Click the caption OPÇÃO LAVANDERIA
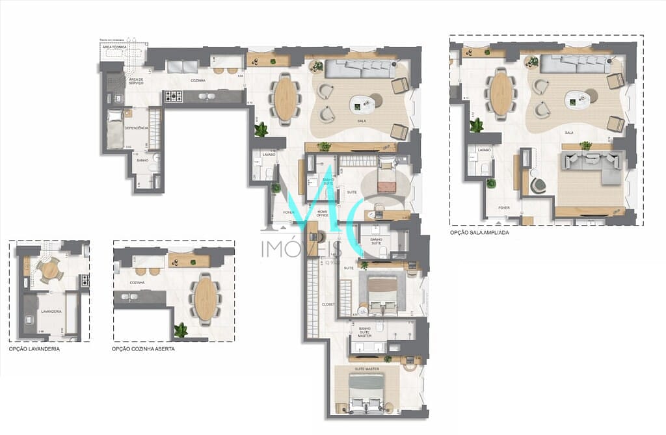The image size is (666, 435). [x=34, y=349]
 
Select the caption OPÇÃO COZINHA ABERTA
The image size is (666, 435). [x=143, y=349]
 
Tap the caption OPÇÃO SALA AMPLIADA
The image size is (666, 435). [x=479, y=232]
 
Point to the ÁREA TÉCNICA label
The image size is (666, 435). [x=114, y=47]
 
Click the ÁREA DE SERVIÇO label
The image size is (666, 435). [x=137, y=81]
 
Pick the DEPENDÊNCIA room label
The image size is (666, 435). [x=137, y=128]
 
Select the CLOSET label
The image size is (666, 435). [x=328, y=304]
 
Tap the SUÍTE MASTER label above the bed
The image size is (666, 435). [x=367, y=369]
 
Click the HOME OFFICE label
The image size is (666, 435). [x=323, y=213]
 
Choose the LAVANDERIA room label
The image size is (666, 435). [x=51, y=311]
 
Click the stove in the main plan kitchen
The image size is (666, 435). [x=173, y=97]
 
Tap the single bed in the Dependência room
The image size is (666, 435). [x=115, y=130]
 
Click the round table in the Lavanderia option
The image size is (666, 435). [x=50, y=268]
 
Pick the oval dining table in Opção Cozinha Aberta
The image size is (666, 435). [x=206, y=298]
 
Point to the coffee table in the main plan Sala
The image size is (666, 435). [x=362, y=103]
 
